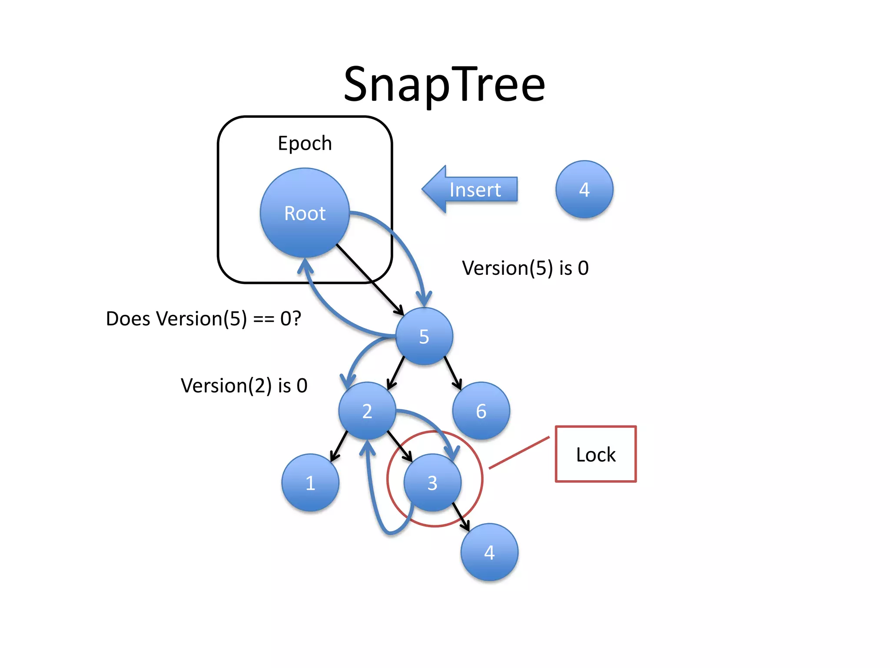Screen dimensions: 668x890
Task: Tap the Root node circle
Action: tap(305, 213)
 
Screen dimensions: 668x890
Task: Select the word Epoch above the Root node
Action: tap(305, 143)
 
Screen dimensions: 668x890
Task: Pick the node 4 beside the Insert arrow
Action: tap(584, 189)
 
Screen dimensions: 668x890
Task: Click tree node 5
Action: tap(424, 336)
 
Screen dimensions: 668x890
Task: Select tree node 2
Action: tap(367, 411)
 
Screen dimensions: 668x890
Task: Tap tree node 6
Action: tap(481, 411)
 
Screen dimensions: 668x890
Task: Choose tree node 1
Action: tap(310, 483)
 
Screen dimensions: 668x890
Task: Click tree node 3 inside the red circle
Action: tap(432, 483)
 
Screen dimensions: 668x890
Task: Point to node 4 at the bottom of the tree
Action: tap(489, 552)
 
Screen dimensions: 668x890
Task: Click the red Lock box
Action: tap(596, 454)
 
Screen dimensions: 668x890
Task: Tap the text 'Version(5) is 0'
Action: tap(525, 268)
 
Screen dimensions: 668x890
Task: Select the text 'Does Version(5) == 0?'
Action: tap(203, 318)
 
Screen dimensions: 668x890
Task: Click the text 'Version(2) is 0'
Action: tap(244, 385)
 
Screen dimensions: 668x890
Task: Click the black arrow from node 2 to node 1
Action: tap(339, 446)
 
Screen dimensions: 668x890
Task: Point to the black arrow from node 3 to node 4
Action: tap(461, 517)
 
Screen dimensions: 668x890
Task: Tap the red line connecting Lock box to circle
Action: tap(519, 453)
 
